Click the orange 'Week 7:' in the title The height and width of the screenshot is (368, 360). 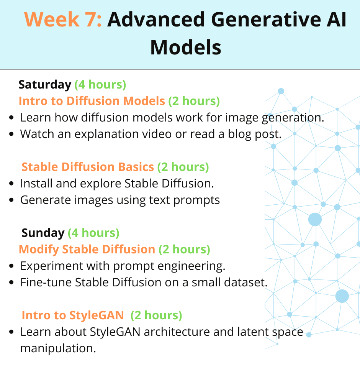click(63, 19)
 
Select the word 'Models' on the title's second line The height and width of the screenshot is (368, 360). click(186, 48)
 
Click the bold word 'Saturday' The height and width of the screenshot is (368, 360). click(45, 84)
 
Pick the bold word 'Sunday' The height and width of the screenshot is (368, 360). click(43, 233)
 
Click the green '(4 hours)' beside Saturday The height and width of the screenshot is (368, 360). click(100, 84)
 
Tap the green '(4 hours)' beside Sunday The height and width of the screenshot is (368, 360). click(93, 233)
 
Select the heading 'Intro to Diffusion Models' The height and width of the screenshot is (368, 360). click(92, 101)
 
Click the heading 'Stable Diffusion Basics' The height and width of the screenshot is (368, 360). click(88, 167)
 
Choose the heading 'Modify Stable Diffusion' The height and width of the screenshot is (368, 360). click(87, 249)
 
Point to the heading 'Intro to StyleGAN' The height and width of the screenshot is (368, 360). click(73, 315)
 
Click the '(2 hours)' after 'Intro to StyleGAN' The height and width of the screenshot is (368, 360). click(156, 315)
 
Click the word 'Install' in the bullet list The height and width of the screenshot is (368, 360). click(36, 184)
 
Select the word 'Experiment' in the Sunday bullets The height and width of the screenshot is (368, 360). click(52, 266)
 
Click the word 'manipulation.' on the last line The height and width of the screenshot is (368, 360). click(58, 348)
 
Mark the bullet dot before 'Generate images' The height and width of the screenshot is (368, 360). click(11, 200)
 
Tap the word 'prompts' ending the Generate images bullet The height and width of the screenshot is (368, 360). click(196, 200)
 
